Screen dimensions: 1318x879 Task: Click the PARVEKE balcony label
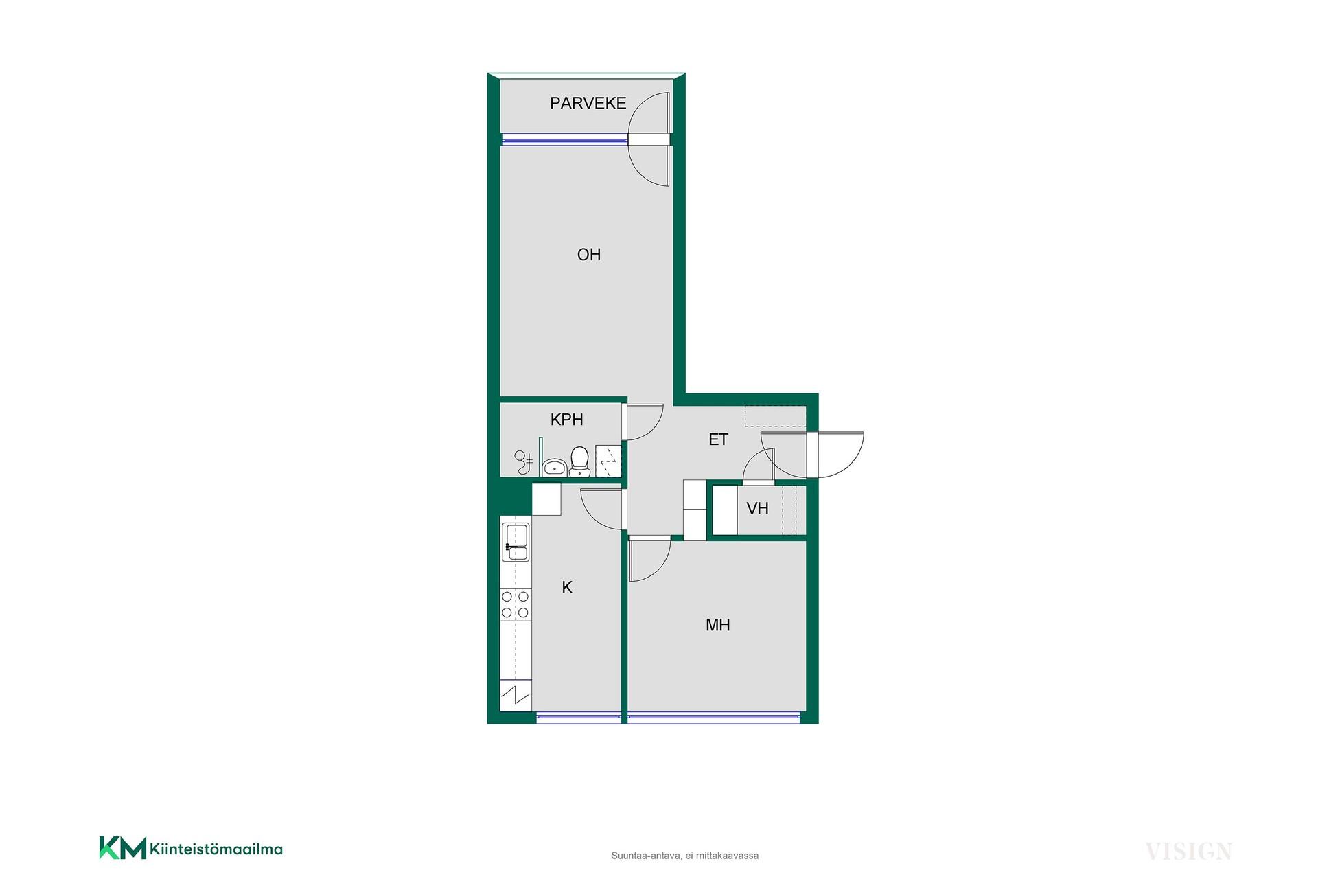click(x=588, y=103)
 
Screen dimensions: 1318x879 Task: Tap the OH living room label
click(x=589, y=255)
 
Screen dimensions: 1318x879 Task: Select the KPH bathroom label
click(x=567, y=420)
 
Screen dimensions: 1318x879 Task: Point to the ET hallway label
click(x=718, y=439)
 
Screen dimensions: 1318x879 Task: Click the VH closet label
click(x=757, y=508)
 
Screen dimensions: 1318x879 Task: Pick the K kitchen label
click(x=567, y=587)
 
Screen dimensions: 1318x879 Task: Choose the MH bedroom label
click(x=718, y=625)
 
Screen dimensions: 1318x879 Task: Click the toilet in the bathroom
click(x=580, y=461)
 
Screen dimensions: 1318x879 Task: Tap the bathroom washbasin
click(x=553, y=468)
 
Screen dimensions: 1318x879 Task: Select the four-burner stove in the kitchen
click(x=516, y=604)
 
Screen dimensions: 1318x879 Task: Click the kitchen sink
click(x=516, y=543)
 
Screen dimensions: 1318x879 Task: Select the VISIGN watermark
click(x=1188, y=852)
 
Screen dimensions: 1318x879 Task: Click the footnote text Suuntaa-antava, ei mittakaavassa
click(x=684, y=856)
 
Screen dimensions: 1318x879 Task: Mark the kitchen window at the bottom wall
click(x=579, y=718)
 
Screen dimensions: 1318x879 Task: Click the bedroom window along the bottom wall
click(x=714, y=718)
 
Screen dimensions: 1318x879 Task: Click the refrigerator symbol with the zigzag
click(x=516, y=698)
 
